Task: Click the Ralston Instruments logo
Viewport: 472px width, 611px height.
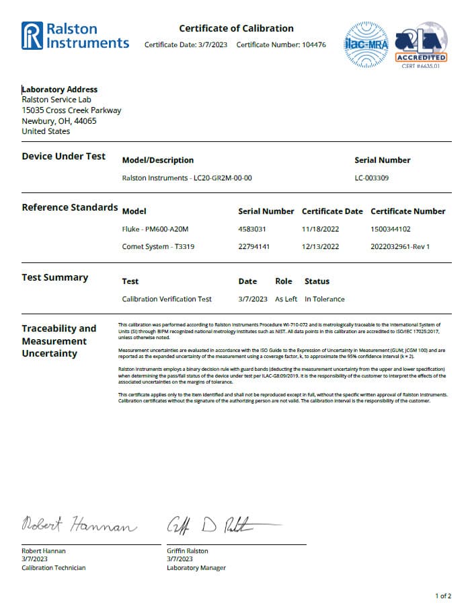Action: click(75, 36)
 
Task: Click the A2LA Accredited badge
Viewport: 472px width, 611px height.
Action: click(421, 44)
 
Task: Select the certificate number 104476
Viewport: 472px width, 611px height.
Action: click(312, 45)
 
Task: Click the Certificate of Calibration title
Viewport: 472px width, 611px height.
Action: click(236, 28)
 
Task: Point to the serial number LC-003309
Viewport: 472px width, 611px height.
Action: click(371, 178)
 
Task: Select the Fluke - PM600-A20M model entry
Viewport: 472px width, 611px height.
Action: click(155, 229)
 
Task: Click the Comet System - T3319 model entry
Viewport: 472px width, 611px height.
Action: click(155, 246)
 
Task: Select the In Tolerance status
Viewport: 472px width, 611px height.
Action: click(325, 299)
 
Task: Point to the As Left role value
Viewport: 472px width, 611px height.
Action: click(286, 299)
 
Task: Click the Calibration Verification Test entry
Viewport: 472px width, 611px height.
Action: click(167, 299)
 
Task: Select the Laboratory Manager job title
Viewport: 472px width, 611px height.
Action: click(196, 568)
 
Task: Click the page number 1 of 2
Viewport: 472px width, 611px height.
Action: click(443, 596)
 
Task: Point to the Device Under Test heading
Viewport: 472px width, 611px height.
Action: click(64, 156)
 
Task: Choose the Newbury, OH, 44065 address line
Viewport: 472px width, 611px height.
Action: click(59, 121)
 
